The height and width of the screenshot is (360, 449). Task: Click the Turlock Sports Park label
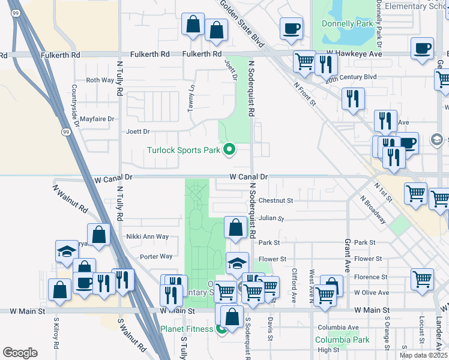[184, 150]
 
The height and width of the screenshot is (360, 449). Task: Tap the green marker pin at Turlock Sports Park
[229, 149]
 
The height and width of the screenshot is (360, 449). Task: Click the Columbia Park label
[342, 340]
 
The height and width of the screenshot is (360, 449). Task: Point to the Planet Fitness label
[186, 329]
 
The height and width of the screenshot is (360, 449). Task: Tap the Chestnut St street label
[276, 200]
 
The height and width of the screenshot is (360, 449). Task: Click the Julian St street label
[271, 219]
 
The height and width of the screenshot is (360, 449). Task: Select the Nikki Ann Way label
[147, 236]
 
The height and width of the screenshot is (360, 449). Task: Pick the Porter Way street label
[156, 256]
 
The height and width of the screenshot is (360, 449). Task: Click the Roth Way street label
[100, 80]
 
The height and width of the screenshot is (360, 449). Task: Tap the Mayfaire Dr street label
[97, 119]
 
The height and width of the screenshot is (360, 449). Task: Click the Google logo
[20, 353]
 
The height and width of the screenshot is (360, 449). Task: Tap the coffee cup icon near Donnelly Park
[292, 29]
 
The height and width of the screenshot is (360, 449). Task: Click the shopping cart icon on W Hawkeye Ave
[304, 61]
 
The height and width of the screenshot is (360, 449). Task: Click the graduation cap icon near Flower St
[237, 263]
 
